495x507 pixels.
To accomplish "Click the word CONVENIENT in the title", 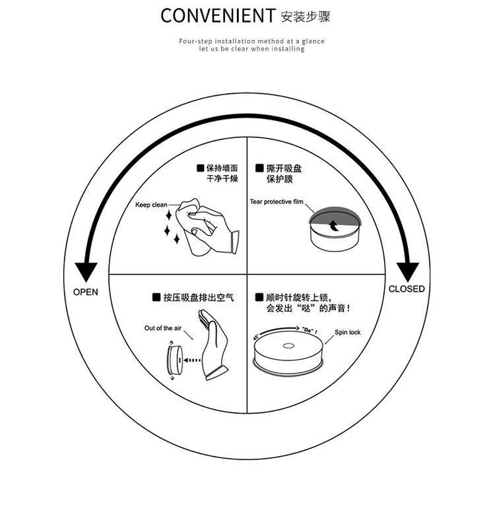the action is (217, 16).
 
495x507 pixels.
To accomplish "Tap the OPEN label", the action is (86, 292).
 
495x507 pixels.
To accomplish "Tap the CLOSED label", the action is (407, 288).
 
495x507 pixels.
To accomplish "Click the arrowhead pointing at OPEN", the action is (86, 271).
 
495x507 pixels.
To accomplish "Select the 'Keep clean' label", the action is (151, 205).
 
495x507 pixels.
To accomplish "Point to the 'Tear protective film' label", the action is (277, 201).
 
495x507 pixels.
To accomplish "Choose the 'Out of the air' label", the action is (163, 328).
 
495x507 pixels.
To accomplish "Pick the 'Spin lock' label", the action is (347, 333).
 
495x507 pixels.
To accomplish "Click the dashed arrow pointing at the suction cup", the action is (191, 360).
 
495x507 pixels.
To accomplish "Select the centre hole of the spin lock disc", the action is (288, 345).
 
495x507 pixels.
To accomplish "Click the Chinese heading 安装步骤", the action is (306, 16).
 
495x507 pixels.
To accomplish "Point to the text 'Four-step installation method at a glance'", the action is (251, 41).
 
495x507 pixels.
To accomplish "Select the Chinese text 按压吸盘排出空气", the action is (198, 298).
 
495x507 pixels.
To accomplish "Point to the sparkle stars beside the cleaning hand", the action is (171, 224).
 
